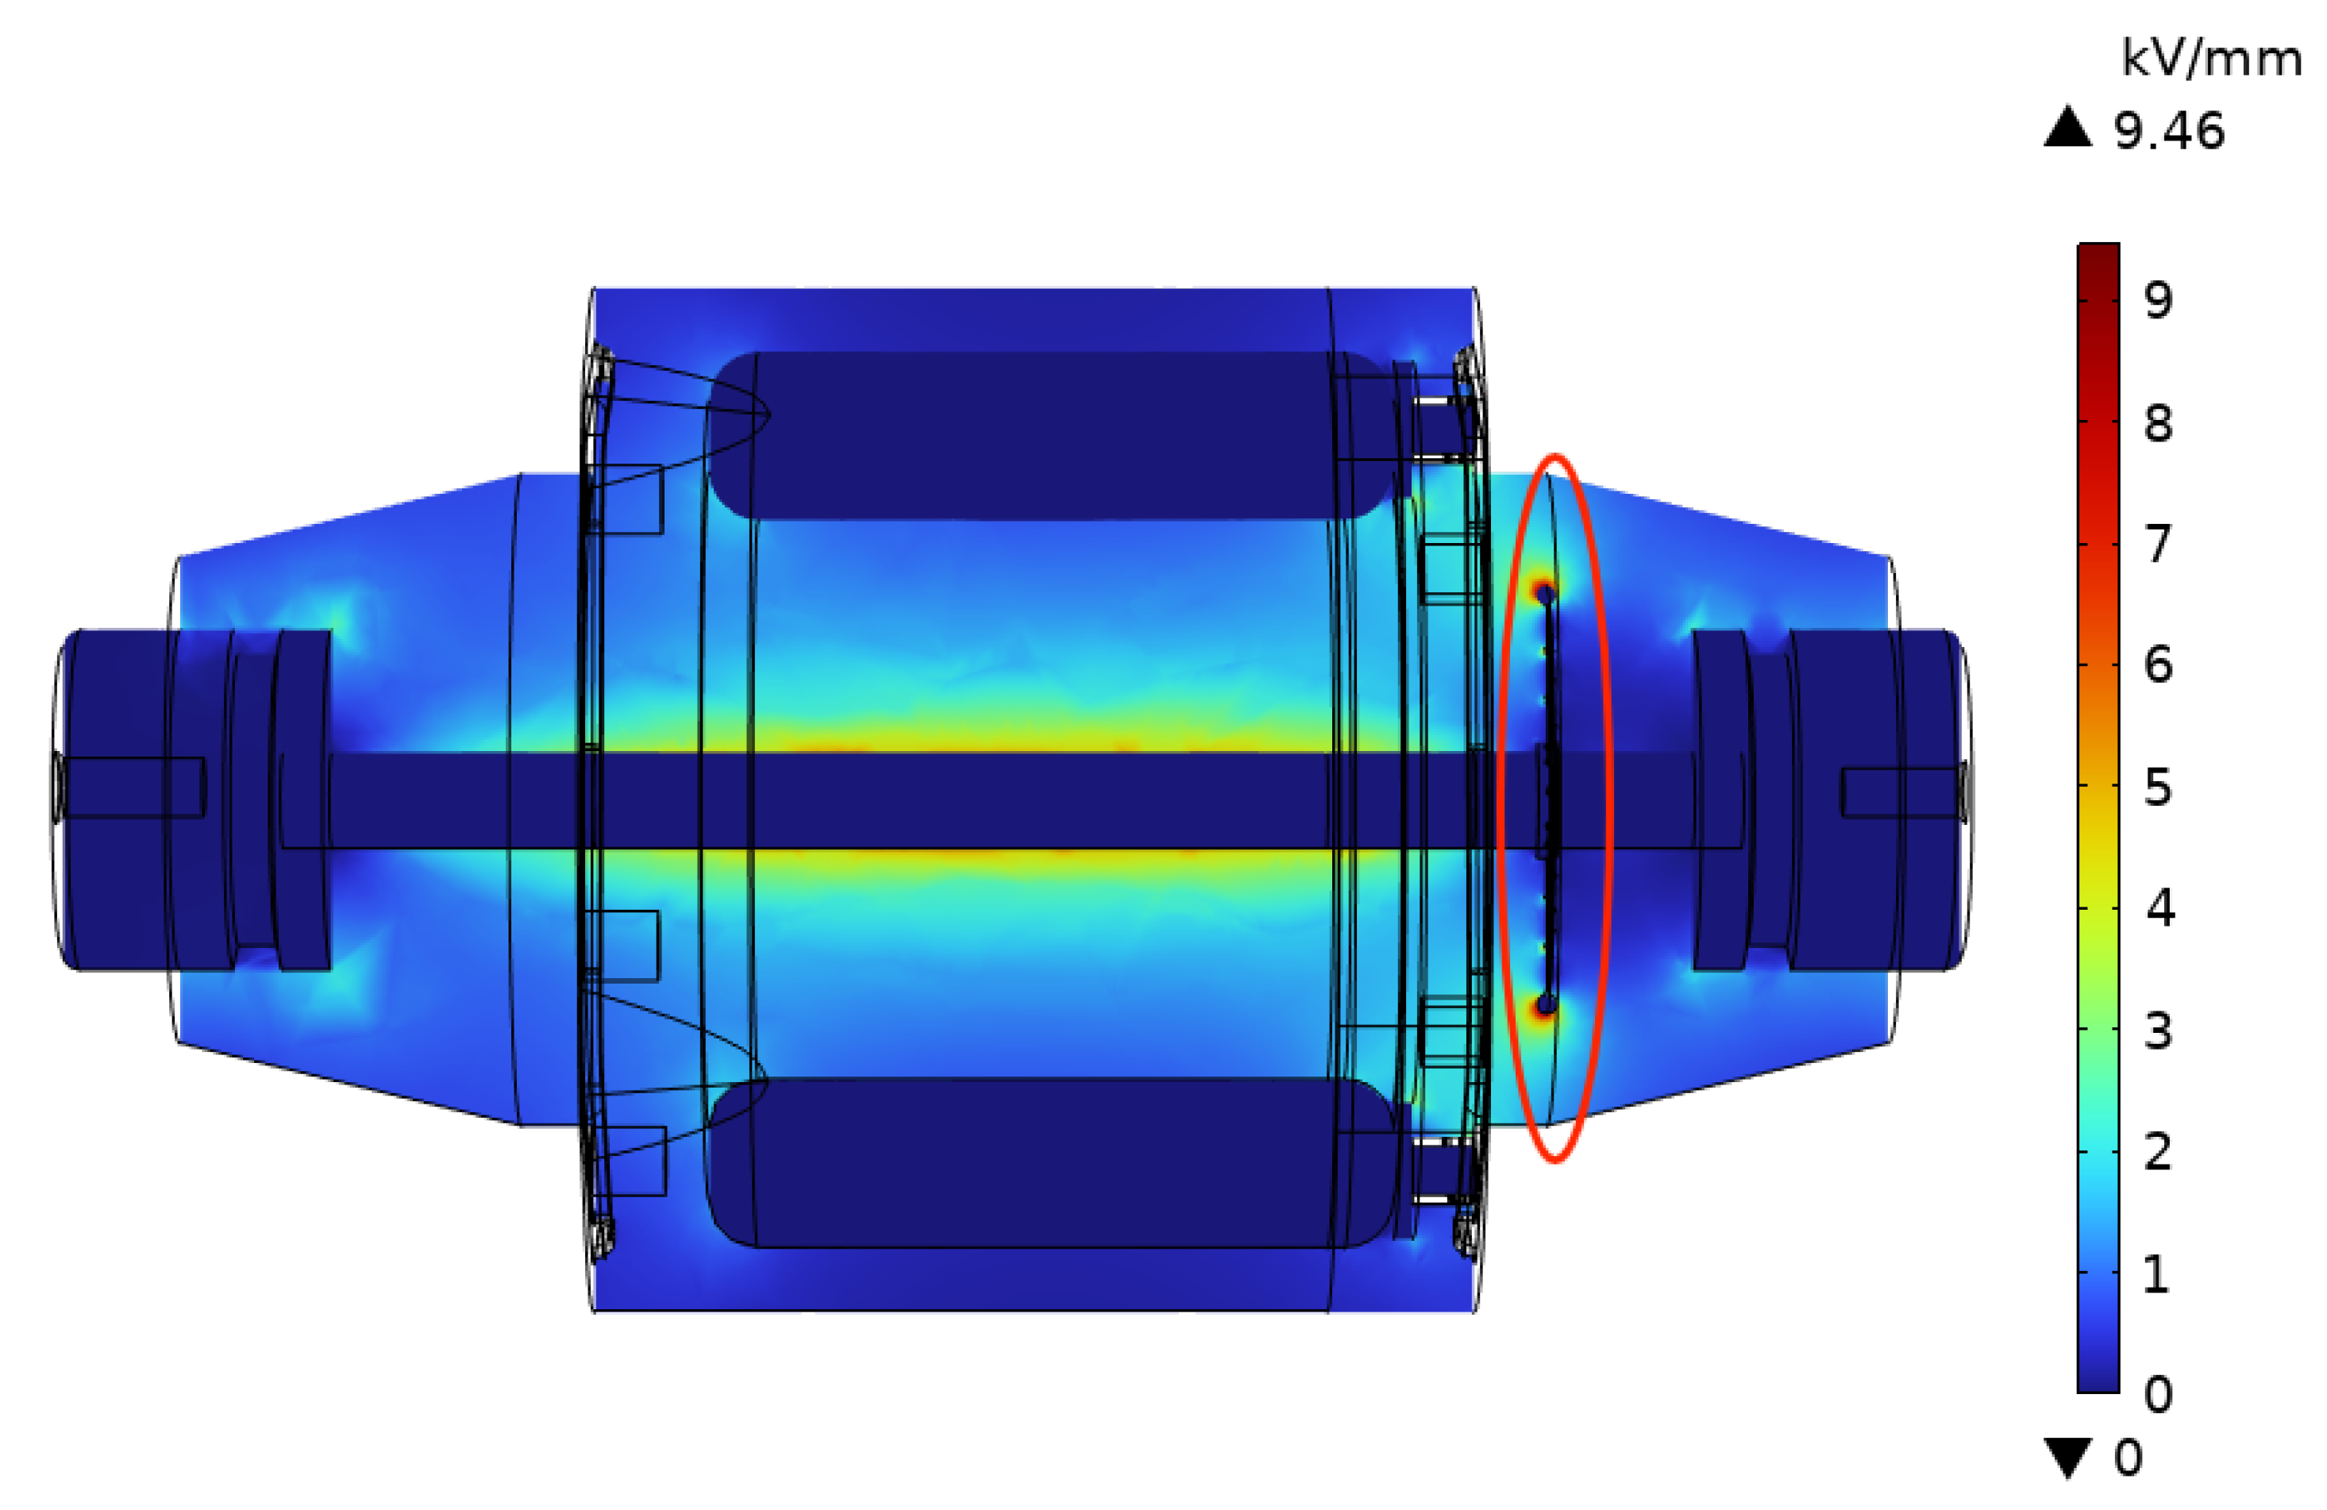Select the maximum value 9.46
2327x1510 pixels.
pyautogui.click(x=2168, y=130)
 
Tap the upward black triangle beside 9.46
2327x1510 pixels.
pyautogui.click(x=2068, y=126)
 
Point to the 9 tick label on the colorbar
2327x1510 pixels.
pyautogui.click(x=2159, y=299)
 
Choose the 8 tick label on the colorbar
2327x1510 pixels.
pyautogui.click(x=2159, y=422)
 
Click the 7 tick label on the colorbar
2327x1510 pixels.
pyautogui.click(x=2159, y=544)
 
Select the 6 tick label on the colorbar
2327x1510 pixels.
pyautogui.click(x=2159, y=665)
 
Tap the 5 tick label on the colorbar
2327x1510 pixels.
pyautogui.click(x=2159, y=786)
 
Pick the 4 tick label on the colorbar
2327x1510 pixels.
pyautogui.click(x=2159, y=908)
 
